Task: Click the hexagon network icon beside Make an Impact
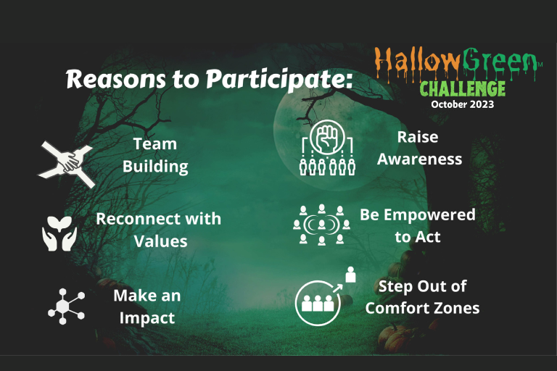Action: point(65,306)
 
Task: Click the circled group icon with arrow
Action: point(320,300)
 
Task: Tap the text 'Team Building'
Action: point(155,155)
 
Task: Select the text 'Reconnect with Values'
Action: point(159,229)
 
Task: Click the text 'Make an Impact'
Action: point(147,307)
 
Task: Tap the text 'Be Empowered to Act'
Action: point(418,225)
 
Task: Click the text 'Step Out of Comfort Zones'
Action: point(422,296)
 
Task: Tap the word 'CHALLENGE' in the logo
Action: point(462,88)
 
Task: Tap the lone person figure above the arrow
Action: point(351,274)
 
